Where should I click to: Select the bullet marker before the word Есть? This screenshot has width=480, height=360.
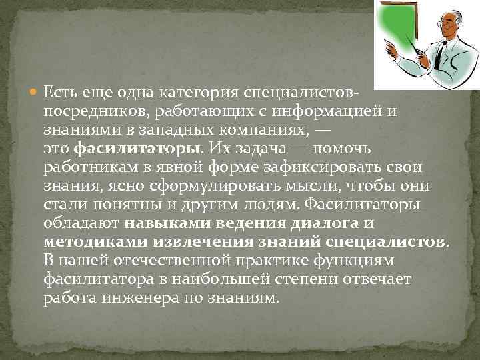click(x=35, y=90)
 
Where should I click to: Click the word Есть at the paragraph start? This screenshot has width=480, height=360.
click(x=56, y=90)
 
